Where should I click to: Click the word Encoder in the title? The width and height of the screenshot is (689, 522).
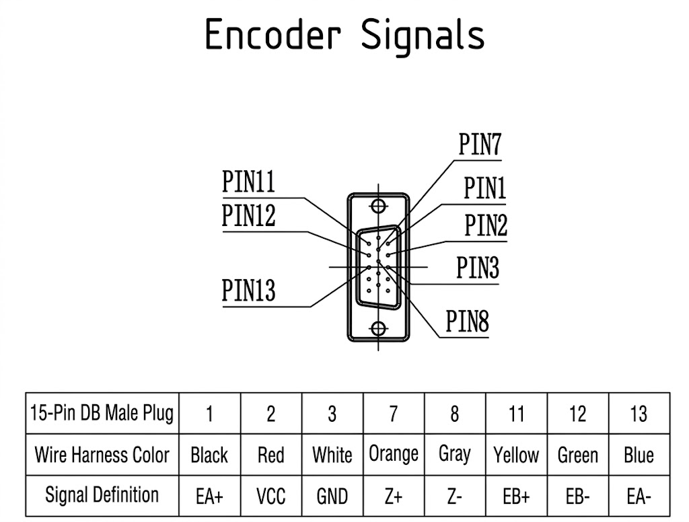tap(273, 34)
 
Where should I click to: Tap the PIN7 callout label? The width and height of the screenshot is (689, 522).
tap(479, 144)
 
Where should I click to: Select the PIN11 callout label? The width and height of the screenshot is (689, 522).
tap(248, 181)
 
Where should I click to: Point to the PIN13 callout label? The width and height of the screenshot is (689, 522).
tap(248, 290)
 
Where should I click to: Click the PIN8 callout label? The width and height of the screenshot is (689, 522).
tap(467, 321)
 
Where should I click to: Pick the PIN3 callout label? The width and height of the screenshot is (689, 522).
tap(478, 267)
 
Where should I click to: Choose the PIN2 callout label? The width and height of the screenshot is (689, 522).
tap(486, 225)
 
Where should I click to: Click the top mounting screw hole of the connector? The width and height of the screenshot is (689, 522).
tap(378, 206)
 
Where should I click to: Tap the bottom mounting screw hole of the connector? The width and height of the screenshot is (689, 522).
tap(378, 328)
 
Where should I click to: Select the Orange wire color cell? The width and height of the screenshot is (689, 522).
tap(394, 454)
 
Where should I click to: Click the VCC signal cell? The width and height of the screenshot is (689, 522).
tap(270, 496)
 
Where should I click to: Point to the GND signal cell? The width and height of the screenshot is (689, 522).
tap(332, 496)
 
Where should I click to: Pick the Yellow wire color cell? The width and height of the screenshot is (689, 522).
tap(516, 455)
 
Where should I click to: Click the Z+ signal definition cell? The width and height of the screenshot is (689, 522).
tap(393, 496)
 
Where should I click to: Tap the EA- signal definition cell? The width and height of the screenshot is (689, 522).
tap(639, 496)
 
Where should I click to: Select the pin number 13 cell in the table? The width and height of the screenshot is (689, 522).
tap(639, 414)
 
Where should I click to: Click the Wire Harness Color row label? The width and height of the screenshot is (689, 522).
tap(102, 455)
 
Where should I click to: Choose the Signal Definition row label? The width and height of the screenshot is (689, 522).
tap(102, 495)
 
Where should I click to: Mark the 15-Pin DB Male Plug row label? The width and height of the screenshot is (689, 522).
tap(102, 413)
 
